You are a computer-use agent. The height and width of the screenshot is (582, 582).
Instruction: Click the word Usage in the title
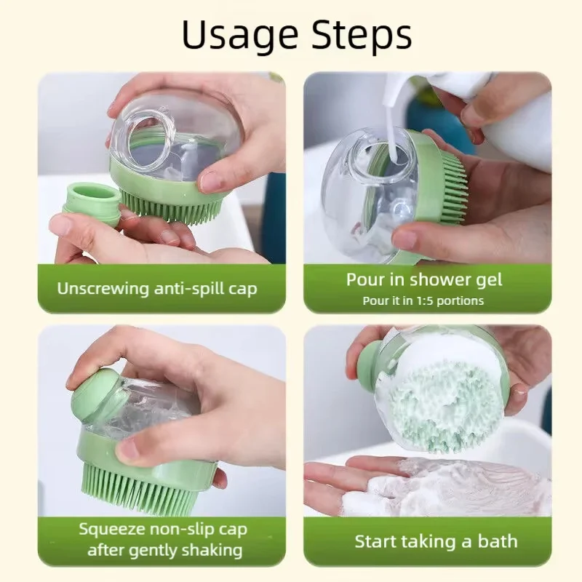(x=240, y=36)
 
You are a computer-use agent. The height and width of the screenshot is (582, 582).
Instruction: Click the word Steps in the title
(x=362, y=34)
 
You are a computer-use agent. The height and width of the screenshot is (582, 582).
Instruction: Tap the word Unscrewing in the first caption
(x=103, y=290)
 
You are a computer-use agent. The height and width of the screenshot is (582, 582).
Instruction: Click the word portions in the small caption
(x=461, y=301)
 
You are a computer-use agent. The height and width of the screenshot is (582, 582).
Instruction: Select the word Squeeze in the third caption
(x=113, y=530)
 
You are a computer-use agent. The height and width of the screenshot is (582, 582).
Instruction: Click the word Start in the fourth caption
(x=375, y=542)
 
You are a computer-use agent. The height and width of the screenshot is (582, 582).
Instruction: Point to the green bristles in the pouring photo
(x=452, y=185)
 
